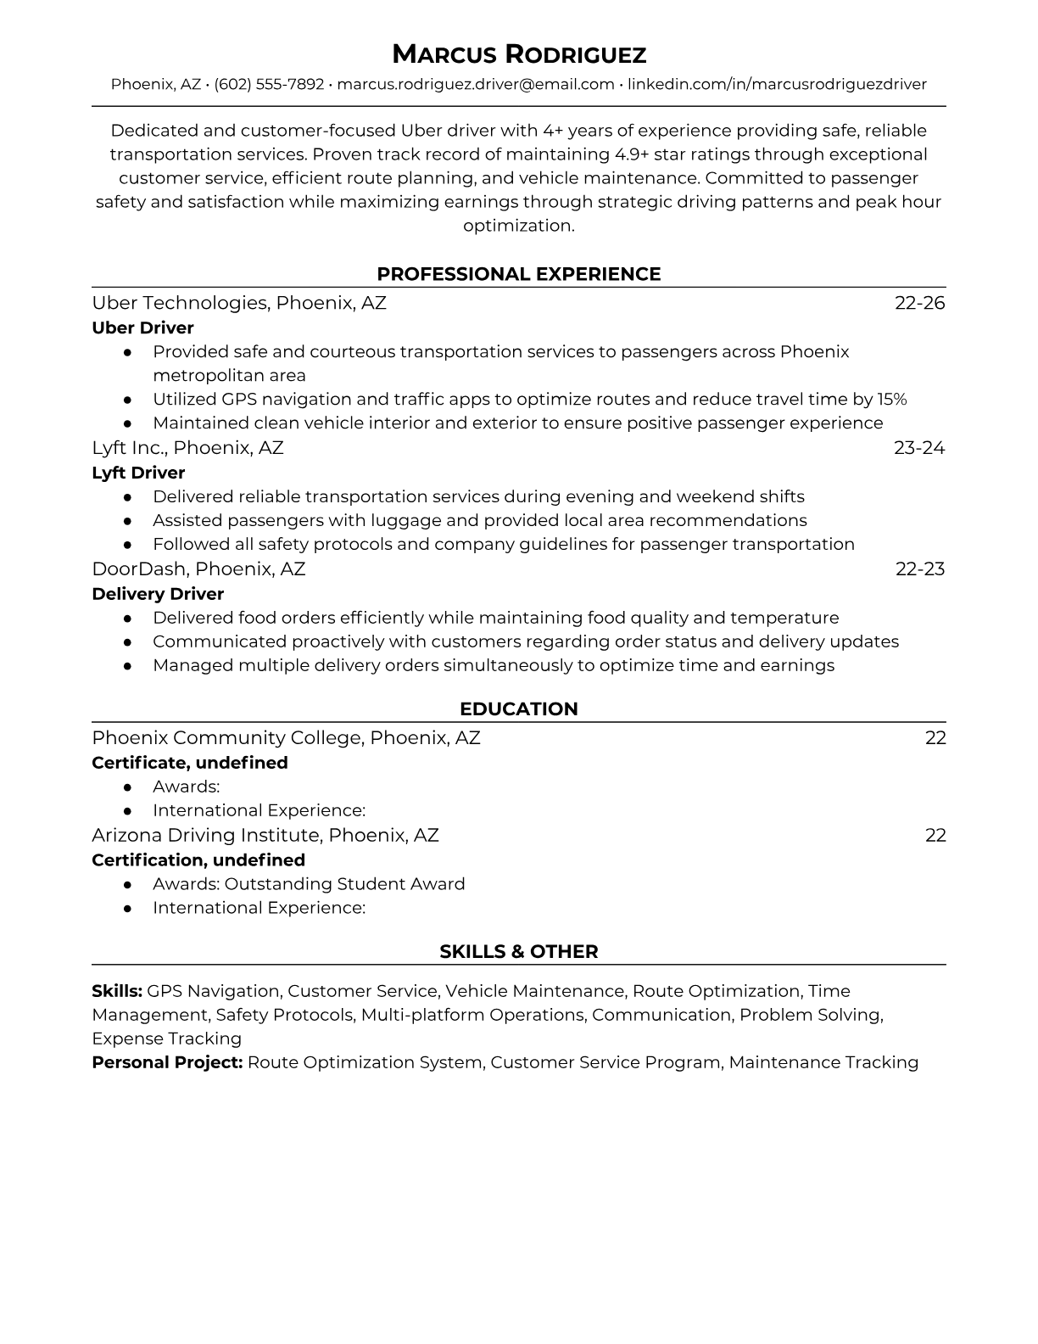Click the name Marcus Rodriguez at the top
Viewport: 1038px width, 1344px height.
click(x=518, y=55)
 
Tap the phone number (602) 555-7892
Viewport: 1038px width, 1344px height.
click(x=269, y=84)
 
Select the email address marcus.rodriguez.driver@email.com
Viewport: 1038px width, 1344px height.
click(x=476, y=84)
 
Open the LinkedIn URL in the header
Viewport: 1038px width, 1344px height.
click(x=777, y=84)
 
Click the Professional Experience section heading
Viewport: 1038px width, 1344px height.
click(x=518, y=274)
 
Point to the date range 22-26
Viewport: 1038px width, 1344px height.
click(x=919, y=303)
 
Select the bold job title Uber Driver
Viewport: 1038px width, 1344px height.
click(x=142, y=328)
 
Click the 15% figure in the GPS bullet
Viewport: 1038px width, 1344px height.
click(x=891, y=399)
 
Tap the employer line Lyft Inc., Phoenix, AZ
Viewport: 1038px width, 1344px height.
click(x=187, y=447)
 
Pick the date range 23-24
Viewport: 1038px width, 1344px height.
click(x=919, y=447)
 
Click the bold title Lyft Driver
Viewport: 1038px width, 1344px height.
click(x=138, y=473)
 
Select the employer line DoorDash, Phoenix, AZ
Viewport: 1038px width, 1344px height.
click(x=198, y=568)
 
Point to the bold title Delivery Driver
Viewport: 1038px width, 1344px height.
click(x=158, y=594)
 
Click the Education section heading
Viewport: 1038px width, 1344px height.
click(x=518, y=709)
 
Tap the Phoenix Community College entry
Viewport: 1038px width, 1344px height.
click(x=286, y=737)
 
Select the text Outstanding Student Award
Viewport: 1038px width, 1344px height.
click(x=344, y=884)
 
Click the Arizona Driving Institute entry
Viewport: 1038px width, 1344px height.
click(x=265, y=835)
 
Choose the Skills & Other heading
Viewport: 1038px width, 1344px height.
click(x=518, y=952)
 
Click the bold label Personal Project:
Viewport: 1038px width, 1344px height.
click(x=167, y=1062)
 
